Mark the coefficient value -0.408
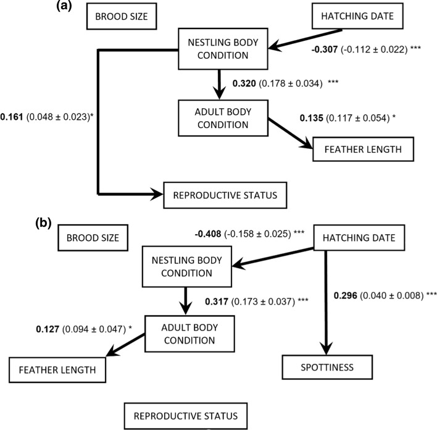tap(211, 234)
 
